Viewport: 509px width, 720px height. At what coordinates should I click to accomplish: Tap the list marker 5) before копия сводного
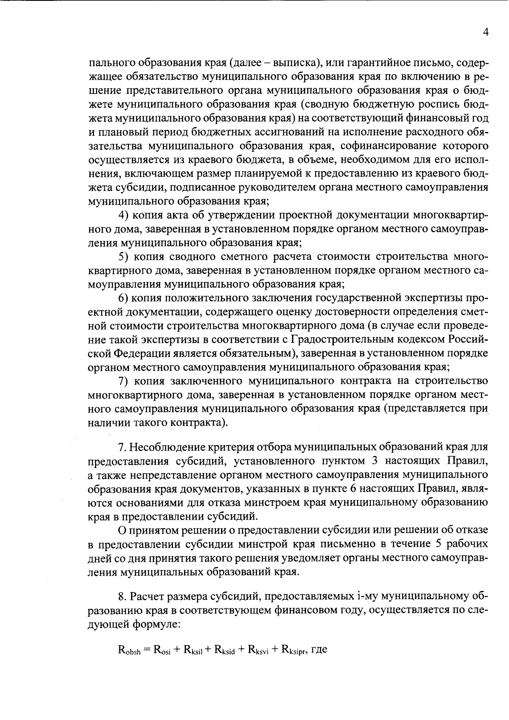click(x=124, y=257)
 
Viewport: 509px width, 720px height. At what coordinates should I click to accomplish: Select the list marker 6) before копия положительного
click(x=124, y=298)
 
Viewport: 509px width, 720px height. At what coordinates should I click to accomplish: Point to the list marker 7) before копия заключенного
click(x=124, y=381)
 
